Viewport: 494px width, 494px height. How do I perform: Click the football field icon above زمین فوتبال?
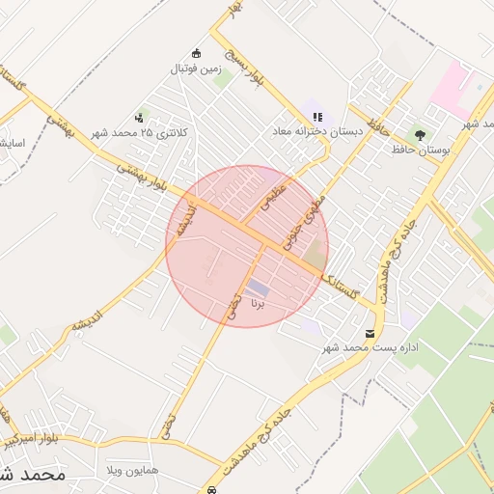[198, 53]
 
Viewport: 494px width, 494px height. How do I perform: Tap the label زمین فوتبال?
[197, 69]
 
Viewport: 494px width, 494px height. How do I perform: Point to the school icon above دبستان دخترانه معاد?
[317, 117]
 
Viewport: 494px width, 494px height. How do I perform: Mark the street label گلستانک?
[344, 287]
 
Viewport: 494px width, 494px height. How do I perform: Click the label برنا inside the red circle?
[257, 303]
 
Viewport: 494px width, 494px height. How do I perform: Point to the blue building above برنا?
[257, 288]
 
